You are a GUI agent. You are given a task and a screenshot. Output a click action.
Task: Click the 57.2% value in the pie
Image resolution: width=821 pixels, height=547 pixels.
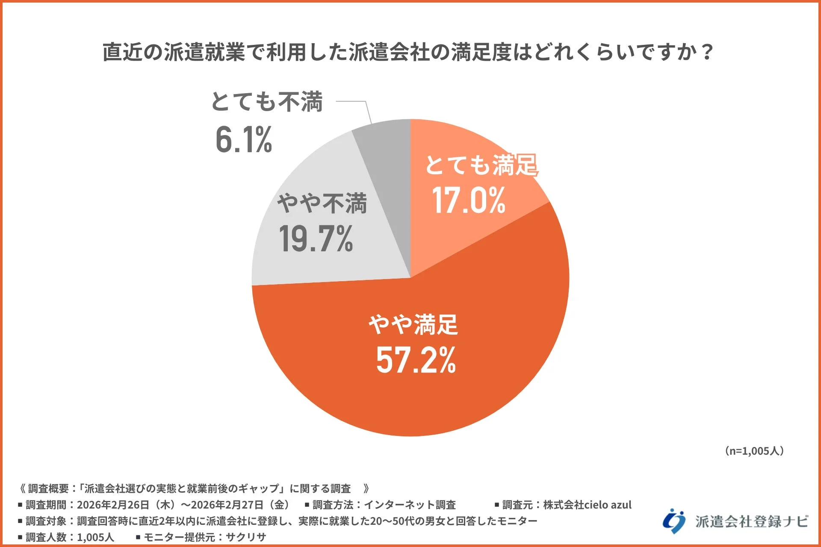[416, 360]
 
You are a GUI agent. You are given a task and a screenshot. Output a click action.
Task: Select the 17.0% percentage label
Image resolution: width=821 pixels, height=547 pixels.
[469, 200]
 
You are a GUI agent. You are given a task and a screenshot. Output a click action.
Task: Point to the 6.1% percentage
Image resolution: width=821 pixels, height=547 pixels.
[244, 140]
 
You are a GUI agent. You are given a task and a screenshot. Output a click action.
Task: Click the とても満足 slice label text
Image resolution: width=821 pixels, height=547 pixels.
[481, 165]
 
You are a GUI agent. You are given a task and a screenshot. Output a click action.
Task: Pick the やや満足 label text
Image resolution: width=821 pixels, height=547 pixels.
[413, 325]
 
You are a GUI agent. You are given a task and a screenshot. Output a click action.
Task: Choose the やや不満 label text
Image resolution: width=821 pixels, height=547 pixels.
[322, 203]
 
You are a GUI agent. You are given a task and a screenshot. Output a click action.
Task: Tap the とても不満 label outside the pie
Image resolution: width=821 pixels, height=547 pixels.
[267, 102]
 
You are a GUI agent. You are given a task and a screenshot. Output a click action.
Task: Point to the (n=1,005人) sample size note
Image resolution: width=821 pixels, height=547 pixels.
[754, 451]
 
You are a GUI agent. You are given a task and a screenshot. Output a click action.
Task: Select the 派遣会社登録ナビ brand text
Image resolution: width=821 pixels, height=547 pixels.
[751, 521]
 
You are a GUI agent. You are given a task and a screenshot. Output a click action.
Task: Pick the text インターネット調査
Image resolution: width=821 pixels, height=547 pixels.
[409, 505]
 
